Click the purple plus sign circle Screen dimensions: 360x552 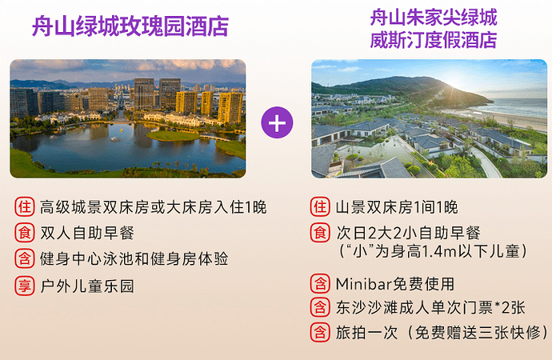pos(277,122)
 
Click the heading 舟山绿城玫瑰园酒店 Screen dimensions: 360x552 pos(130,26)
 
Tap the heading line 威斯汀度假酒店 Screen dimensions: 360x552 pos(433,40)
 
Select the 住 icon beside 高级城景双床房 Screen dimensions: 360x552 pos(24,207)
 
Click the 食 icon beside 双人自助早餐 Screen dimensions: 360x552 pos(24,233)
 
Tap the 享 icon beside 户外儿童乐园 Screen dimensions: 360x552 pos(24,285)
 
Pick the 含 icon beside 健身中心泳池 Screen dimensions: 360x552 pos(24,258)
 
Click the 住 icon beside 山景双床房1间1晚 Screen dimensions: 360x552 pos(320,207)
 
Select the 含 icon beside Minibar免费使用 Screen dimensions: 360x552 pos(320,283)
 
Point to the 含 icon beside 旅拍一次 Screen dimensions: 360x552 pos(320,332)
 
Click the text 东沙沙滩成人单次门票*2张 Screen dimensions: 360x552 pos(419,308)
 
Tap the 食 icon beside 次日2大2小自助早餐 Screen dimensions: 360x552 pos(320,233)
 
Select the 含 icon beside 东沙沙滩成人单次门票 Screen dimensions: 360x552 pos(320,307)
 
